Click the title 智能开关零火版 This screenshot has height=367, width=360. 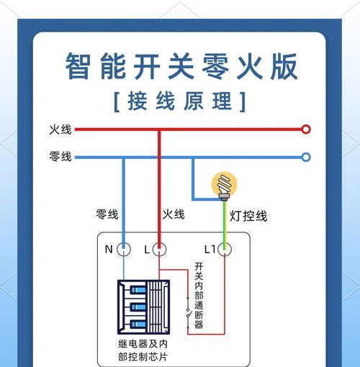point(181,66)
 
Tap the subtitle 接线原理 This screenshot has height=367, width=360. point(180,101)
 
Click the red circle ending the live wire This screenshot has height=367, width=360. point(306,130)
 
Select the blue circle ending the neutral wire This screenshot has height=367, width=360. point(306,158)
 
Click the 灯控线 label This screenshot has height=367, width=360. point(248,216)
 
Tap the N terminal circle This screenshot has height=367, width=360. point(124,249)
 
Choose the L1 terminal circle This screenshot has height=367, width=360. point(225,249)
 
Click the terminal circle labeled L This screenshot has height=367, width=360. point(159,249)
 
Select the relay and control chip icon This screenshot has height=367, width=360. point(144,307)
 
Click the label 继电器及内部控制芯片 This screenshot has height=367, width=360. point(143,350)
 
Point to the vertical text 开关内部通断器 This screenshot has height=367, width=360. point(199,295)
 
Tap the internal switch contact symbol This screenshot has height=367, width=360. point(188,313)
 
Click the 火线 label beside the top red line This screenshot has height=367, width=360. point(60,130)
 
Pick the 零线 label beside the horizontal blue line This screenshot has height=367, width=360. point(60,156)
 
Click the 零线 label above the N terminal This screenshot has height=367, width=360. point(107,214)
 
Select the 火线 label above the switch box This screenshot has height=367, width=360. point(174,214)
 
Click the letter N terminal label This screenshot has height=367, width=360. point(109,250)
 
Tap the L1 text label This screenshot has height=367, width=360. point(210,250)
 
